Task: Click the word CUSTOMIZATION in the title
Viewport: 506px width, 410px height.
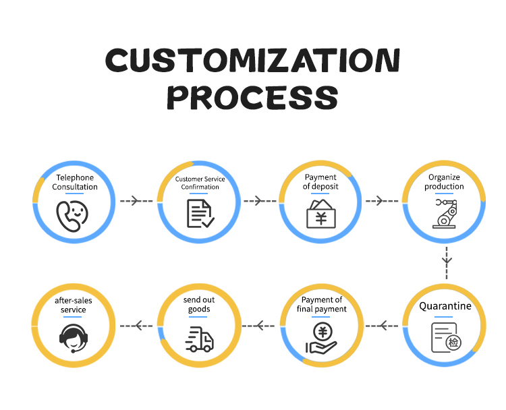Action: click(252, 61)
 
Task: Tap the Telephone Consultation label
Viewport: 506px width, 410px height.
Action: click(75, 182)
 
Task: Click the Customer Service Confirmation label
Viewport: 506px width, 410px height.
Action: click(200, 183)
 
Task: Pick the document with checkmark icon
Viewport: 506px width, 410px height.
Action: click(200, 212)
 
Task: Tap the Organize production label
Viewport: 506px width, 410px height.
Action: click(444, 182)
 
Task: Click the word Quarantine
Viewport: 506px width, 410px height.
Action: click(445, 306)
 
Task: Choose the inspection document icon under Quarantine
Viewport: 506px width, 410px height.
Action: click(445, 337)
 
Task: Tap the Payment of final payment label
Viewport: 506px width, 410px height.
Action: click(322, 304)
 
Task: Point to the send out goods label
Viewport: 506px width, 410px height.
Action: click(199, 304)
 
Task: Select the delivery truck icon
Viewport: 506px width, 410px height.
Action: click(199, 339)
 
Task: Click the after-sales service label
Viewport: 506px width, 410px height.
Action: click(74, 305)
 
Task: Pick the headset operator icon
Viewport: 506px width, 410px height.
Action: click(73, 338)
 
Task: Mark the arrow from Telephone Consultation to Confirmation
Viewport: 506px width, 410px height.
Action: click(136, 201)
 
